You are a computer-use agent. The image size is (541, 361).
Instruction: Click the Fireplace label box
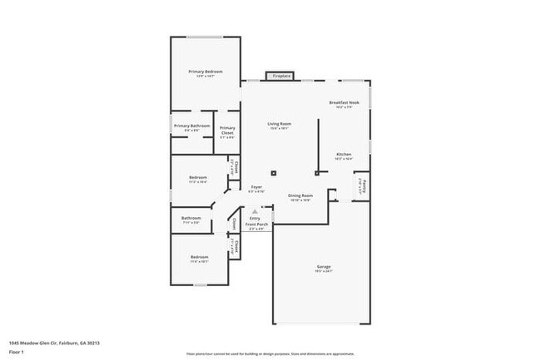coord(280,76)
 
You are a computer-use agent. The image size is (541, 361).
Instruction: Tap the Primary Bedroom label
coord(205,72)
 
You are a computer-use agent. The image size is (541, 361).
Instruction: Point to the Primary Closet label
coord(227,131)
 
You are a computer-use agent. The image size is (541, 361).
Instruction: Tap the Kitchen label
coord(344,155)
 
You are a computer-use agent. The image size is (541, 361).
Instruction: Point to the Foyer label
coord(257,187)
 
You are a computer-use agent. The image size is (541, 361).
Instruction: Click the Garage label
coord(323,267)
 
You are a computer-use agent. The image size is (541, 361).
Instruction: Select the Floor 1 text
coord(17,352)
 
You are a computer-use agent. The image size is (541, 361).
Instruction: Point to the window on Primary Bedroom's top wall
coord(205,37)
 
